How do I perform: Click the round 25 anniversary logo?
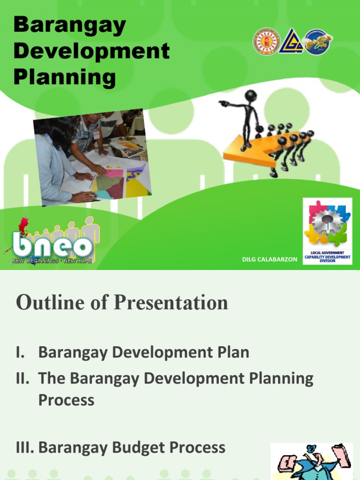click(x=317, y=42)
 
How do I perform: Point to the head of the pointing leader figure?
click(x=251, y=96)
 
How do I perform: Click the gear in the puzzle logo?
click(x=327, y=223)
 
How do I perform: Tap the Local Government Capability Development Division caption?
click(x=327, y=256)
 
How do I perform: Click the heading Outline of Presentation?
click(x=122, y=303)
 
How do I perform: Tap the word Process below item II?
click(x=66, y=400)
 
